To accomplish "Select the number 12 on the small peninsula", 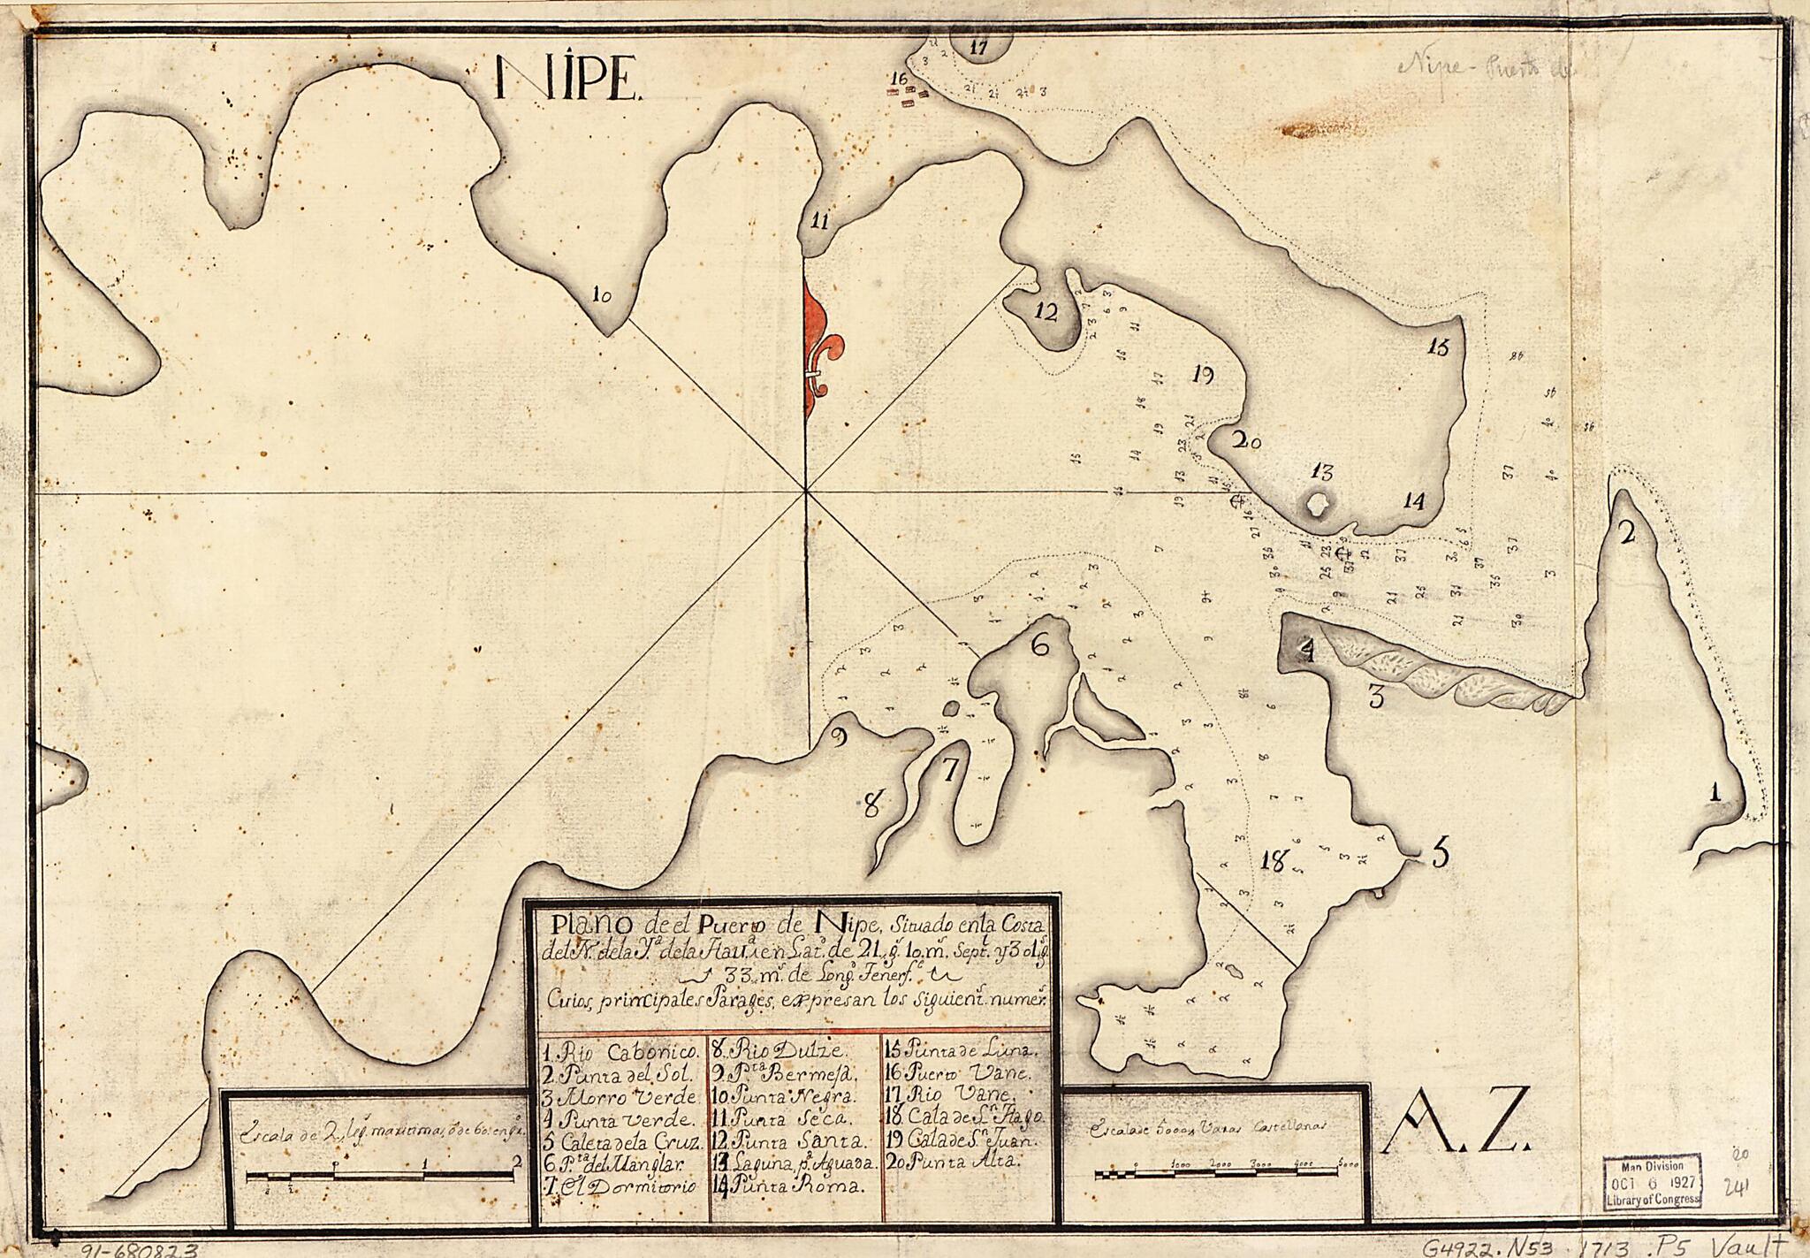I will click(x=1046, y=312).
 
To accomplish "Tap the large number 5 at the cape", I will click(x=1439, y=854).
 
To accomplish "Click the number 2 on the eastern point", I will click(x=1624, y=532).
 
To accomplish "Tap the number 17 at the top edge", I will click(x=977, y=49).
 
